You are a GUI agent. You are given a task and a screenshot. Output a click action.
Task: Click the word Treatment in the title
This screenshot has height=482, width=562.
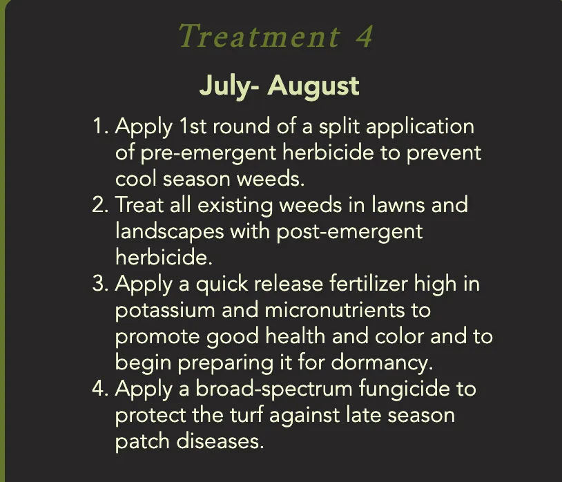pos(258,37)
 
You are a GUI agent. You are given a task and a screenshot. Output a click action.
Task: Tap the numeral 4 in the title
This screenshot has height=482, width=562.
pos(364,37)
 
